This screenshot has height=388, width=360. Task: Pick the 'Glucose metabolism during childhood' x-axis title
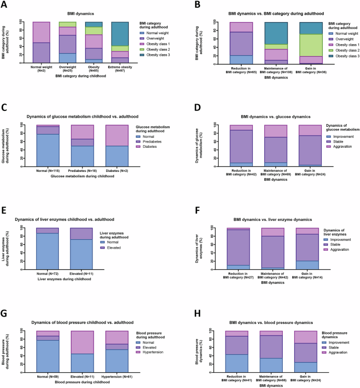(x=78, y=178)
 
